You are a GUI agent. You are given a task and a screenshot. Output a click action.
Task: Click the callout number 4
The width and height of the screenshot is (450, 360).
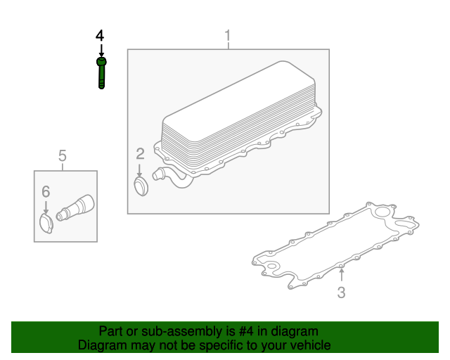(100, 36)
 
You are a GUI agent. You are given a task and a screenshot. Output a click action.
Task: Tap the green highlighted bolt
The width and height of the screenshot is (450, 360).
(101, 73)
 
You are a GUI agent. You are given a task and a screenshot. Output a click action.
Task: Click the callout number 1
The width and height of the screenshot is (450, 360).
(228, 36)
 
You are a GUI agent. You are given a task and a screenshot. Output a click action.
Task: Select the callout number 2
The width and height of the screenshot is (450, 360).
(140, 154)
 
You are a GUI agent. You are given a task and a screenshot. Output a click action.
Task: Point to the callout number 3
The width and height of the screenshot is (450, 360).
(341, 292)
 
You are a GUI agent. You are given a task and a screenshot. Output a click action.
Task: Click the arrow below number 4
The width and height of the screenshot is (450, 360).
(101, 50)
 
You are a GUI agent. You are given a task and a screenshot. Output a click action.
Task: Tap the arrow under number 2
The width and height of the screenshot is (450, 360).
(139, 171)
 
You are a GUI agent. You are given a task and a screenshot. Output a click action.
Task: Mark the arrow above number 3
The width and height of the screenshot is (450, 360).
(341, 275)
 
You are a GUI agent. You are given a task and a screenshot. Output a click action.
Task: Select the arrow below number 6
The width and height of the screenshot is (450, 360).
(46, 207)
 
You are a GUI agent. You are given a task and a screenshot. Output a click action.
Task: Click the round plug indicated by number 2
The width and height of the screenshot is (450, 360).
(141, 186)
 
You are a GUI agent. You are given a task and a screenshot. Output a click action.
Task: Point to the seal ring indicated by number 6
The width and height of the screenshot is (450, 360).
(46, 224)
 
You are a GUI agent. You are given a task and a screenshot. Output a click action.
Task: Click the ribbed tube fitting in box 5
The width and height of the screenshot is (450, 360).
(75, 208)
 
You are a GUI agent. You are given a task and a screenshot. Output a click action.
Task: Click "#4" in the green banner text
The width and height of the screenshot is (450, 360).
(246, 331)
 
